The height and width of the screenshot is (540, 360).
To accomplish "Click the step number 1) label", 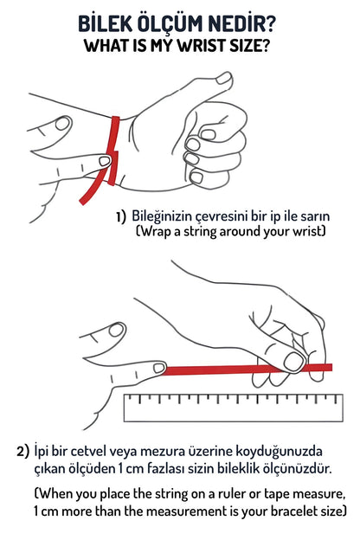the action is [121, 217].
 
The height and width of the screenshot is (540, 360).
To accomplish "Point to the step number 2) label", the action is [23, 452].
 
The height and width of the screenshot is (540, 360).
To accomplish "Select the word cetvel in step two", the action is [90, 451].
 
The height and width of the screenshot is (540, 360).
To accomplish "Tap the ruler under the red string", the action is [234, 408].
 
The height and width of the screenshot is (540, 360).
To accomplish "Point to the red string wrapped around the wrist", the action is [113, 151].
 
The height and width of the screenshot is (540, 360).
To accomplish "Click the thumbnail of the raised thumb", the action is [223, 79].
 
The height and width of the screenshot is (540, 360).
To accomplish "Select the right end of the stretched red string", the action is [331, 368].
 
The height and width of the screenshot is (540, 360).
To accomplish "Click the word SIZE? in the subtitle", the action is [249, 46].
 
